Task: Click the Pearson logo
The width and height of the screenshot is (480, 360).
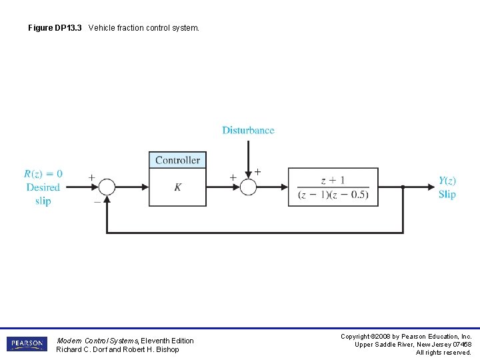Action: coord(27,344)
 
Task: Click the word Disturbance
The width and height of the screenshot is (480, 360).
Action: coord(248,131)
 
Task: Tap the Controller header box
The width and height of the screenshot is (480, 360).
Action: coord(177,160)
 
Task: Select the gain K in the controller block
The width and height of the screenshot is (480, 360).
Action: coord(177,187)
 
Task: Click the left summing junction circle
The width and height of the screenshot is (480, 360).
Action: coord(107,187)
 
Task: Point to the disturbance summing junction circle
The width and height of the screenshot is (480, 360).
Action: coord(248,187)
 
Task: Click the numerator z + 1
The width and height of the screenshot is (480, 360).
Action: coord(333,180)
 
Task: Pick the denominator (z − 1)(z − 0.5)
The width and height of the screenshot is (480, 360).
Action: coord(333,195)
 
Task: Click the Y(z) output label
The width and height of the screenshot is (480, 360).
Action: coord(447,181)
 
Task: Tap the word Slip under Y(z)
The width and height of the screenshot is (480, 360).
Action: coord(447,194)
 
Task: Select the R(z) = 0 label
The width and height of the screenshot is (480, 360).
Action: coord(43,175)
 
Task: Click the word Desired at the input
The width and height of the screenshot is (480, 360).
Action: coord(43,187)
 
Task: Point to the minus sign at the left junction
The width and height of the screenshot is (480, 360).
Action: coord(97,199)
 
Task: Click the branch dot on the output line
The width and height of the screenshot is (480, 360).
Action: coord(403,187)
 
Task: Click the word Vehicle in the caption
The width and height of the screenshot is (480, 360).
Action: coord(102,28)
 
